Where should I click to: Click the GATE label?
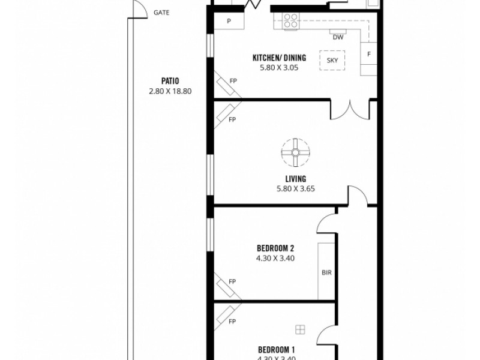pyautogui.click(x=161, y=12)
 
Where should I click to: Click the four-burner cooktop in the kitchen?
pyautogui.click(x=290, y=21)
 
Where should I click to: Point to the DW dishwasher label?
pyautogui.click(x=337, y=37)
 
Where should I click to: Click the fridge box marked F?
pyautogui.click(x=368, y=55)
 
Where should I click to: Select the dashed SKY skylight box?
pyautogui.click(x=332, y=61)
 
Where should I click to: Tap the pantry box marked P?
pyautogui.click(x=229, y=22)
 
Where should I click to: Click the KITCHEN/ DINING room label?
pyautogui.click(x=279, y=58)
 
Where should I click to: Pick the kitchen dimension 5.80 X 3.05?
pyautogui.click(x=279, y=68)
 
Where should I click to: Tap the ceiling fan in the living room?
pyautogui.click(x=296, y=152)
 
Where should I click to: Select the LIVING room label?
pyautogui.click(x=296, y=179)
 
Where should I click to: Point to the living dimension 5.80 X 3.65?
pyautogui.click(x=296, y=188)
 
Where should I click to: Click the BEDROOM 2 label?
pyautogui.click(x=275, y=248)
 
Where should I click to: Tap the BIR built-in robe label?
pyautogui.click(x=327, y=272)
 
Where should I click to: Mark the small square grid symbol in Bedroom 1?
pyautogui.click(x=300, y=328)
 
